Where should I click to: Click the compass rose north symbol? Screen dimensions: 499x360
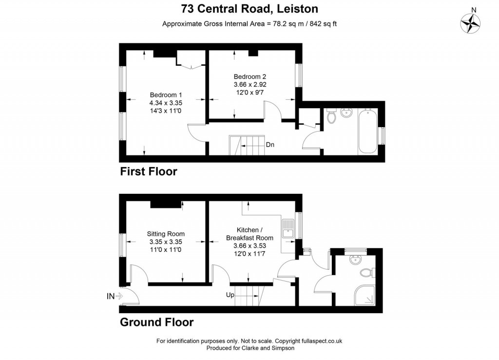[x=470, y=23]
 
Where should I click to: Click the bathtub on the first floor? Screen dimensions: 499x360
[x=367, y=132]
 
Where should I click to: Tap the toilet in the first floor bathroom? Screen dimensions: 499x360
[x=331, y=116]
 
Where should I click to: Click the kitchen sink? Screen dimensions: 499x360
[x=288, y=228]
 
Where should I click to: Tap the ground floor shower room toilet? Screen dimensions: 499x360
[x=367, y=272]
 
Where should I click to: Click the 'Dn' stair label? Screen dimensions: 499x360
[x=270, y=145]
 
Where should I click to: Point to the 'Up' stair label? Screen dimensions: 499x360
[x=230, y=295]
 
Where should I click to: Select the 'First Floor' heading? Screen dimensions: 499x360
[x=148, y=171]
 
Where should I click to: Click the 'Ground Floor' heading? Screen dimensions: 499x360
[x=156, y=322]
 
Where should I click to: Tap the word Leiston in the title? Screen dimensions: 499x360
[x=298, y=9]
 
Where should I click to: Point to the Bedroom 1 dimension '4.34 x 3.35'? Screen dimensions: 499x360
[x=166, y=103]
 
